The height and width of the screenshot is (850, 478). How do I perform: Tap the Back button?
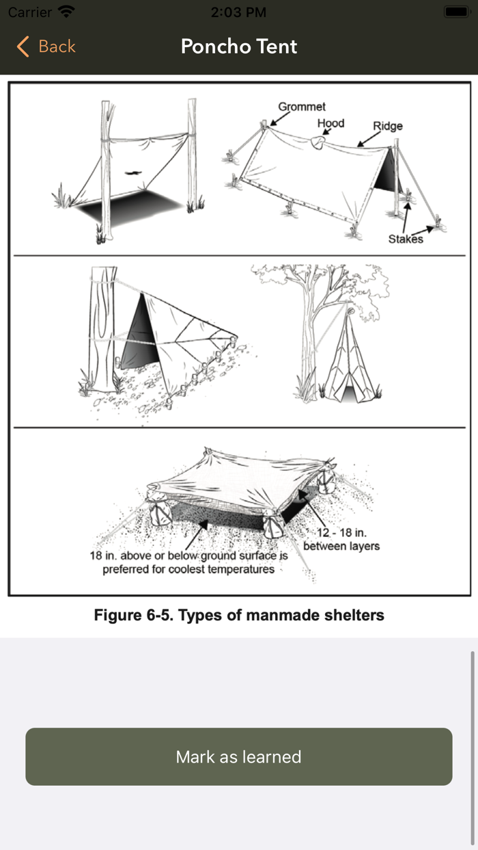46,46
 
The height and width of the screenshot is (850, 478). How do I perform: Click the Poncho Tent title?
239,46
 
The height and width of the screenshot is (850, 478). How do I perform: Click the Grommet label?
302,107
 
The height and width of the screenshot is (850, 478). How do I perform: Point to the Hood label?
331,123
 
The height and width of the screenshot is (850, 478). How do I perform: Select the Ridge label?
388,126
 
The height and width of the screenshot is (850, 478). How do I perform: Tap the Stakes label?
406,238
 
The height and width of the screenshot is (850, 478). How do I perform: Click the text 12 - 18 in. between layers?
341,539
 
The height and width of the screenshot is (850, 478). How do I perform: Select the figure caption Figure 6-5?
239,615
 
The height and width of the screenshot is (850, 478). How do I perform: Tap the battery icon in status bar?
454,12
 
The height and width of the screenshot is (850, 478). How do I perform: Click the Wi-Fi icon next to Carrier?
66,12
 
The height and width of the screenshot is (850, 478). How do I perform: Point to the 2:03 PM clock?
239,12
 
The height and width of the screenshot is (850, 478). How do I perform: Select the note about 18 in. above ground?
189,562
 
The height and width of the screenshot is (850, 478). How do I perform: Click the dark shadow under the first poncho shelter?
130,208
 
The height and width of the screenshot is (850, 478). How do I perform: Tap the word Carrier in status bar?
30,12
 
